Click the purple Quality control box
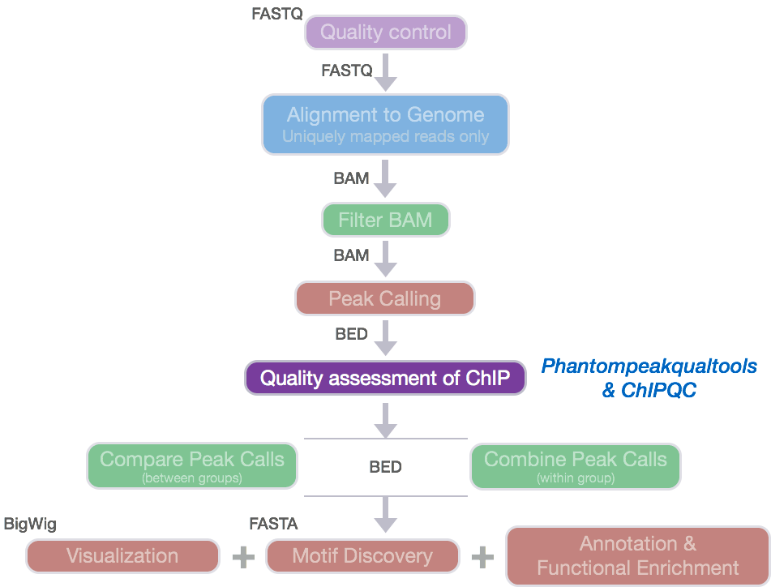tap(385, 33)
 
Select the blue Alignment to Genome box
tap(385, 124)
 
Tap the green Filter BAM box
tap(385, 221)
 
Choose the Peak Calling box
tap(385, 299)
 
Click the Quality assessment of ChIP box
tap(385, 378)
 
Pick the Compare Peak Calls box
tap(192, 466)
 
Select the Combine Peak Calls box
tap(576, 466)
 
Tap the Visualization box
tap(122, 556)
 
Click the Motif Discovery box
tap(362, 556)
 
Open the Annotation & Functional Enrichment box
tap(637, 555)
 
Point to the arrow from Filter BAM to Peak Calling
tap(386, 259)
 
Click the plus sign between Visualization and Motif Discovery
tap(242, 557)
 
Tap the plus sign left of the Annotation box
tap(482, 557)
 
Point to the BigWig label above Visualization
tap(31, 525)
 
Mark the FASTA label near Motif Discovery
tap(273, 525)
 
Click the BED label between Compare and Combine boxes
tap(386, 467)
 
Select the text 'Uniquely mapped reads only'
tap(385, 136)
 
